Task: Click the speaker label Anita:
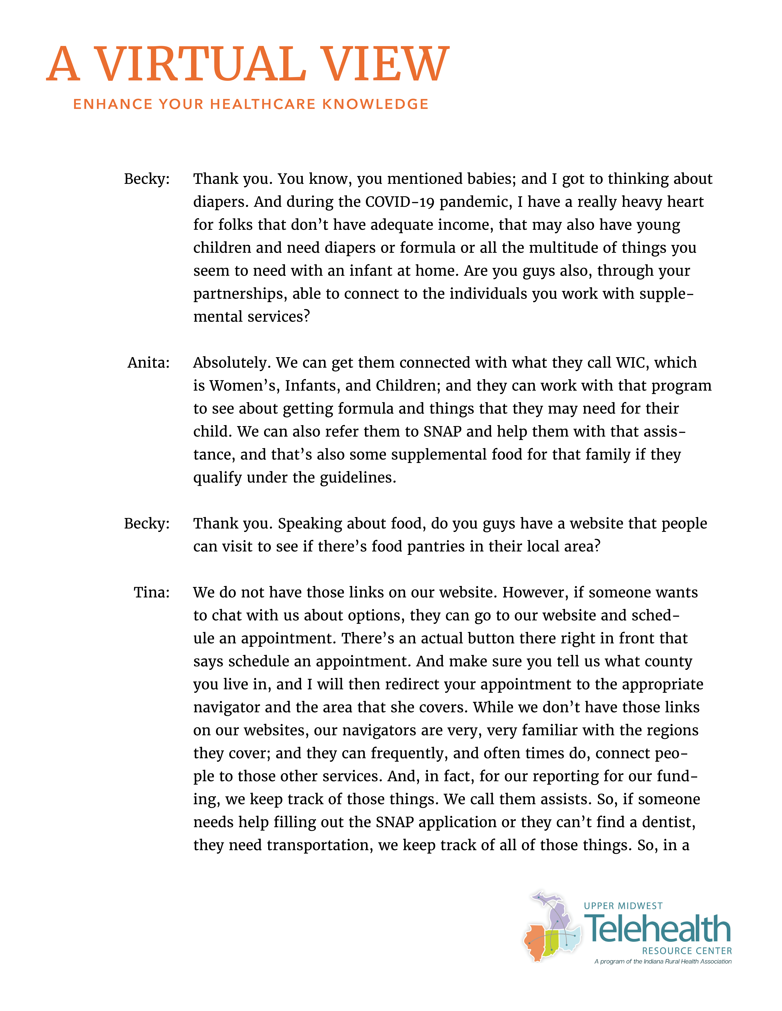pos(148,362)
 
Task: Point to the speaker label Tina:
pos(151,592)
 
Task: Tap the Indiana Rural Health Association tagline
pos(662,962)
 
